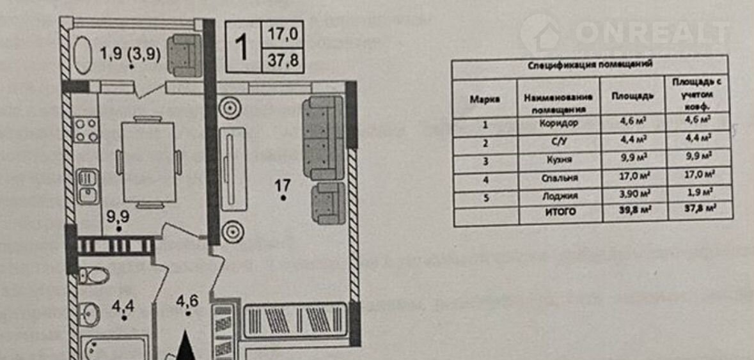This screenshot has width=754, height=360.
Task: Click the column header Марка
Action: click(485, 98)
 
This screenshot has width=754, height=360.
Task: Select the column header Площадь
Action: click(632, 97)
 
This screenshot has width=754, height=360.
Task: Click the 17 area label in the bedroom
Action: click(283, 186)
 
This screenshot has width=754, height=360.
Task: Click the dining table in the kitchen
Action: click(148, 161)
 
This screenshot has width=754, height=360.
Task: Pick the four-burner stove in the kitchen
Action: click(86, 130)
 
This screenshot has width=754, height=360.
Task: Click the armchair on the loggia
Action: click(184, 56)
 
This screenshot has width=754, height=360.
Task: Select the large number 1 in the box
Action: click(242, 47)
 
